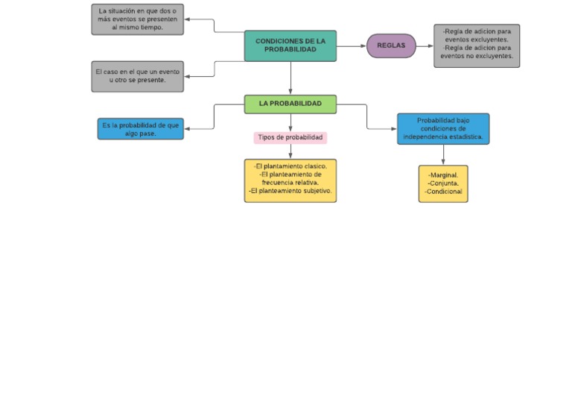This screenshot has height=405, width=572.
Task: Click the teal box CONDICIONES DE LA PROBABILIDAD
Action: tap(290, 45)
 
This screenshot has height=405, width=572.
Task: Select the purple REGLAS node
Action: tap(391, 45)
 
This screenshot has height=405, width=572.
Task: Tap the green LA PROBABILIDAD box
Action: tap(290, 104)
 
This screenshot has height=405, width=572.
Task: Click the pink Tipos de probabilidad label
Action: tap(290, 138)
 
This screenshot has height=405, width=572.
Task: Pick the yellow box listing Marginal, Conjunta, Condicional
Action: tap(443, 183)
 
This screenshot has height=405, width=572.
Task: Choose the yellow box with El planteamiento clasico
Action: tap(290, 180)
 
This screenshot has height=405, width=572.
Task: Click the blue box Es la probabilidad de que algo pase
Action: tap(141, 129)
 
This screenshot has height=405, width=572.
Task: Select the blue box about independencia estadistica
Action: tap(443, 129)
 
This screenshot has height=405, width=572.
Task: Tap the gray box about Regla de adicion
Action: tap(477, 45)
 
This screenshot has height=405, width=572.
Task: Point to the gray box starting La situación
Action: tap(138, 19)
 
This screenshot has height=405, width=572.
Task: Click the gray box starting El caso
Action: tap(138, 76)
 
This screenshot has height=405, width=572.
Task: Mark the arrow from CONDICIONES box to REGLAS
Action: tap(351, 46)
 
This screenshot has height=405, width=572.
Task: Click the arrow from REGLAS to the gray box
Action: tap(425, 46)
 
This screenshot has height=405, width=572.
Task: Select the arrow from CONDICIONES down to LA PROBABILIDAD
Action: tap(290, 78)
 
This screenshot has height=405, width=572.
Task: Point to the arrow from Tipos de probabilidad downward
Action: tap(290, 151)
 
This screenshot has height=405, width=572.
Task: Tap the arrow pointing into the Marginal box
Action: tap(443, 155)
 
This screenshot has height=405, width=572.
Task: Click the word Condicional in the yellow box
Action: tap(445, 192)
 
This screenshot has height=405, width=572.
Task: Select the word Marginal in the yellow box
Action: tap(445, 175)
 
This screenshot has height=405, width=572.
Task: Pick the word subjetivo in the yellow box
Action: tap(316, 191)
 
